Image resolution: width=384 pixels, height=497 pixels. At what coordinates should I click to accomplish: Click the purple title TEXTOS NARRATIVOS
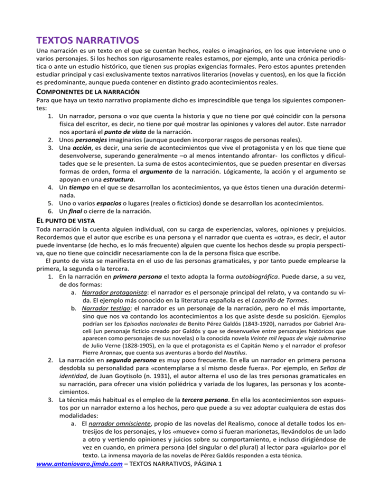pos(87,38)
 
